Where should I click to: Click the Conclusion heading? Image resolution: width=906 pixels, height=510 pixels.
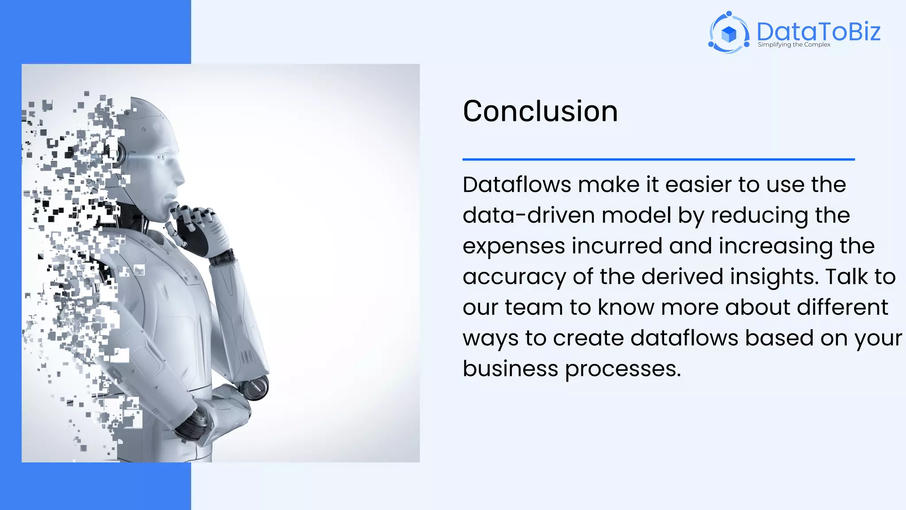540,111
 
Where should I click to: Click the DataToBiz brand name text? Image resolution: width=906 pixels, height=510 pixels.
818,31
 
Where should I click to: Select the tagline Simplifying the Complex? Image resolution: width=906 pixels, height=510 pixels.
794,45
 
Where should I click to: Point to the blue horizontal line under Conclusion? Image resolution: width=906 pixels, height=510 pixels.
658,159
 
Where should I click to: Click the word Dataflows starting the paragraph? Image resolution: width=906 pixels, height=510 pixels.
517,185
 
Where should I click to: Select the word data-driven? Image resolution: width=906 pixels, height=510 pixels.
529,216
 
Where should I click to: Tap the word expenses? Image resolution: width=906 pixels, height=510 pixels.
514,247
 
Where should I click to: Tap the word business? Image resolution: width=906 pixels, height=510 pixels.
510,369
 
